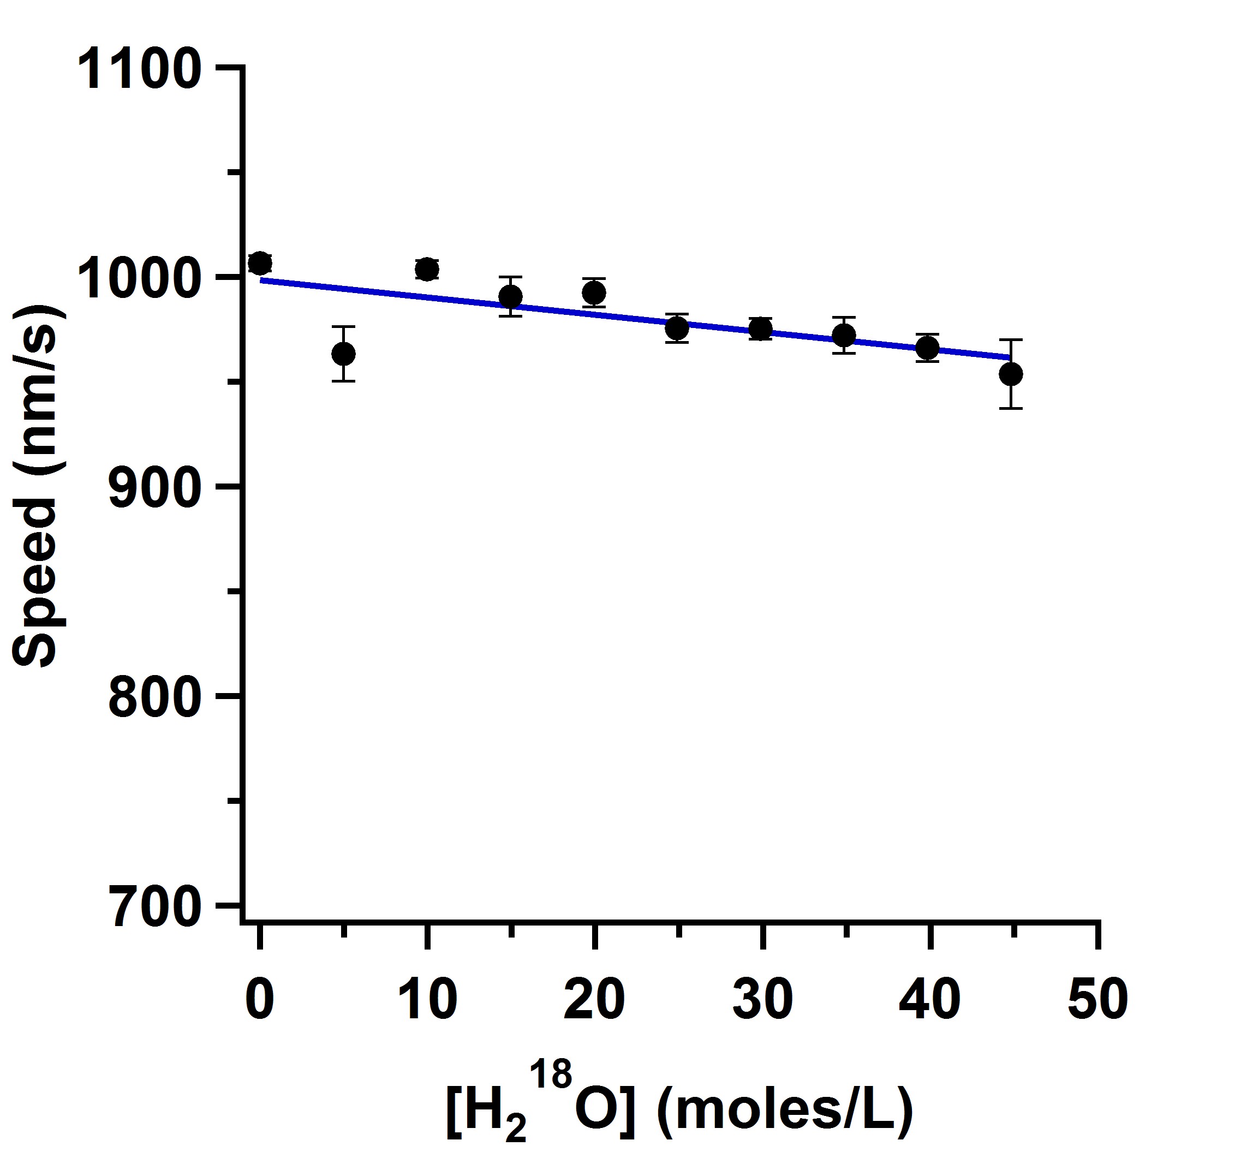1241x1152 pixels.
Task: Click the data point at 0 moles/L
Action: pos(260,263)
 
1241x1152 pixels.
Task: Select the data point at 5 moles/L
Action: pos(343,354)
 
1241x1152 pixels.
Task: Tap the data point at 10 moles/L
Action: pos(427,269)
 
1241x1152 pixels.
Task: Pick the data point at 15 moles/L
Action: pos(510,296)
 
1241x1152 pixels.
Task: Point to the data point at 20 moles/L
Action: pos(594,293)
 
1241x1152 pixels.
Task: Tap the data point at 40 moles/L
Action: pos(928,348)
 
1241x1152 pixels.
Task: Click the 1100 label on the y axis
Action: pos(140,70)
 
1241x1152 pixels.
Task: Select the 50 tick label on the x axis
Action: pos(1097,1001)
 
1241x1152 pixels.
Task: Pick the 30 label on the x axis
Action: pos(762,1001)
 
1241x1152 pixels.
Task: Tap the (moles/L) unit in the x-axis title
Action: pos(785,1108)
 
